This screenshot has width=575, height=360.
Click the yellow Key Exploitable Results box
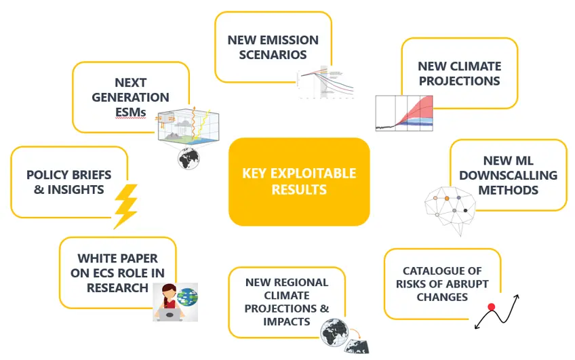coord(299,182)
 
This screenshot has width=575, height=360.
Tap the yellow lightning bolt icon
coord(126,206)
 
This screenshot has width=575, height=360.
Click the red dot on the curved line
coord(492,307)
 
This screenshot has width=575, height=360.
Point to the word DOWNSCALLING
coord(509,175)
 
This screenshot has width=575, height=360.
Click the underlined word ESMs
coord(131,112)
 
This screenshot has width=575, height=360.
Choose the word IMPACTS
coord(286,321)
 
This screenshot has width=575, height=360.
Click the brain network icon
coord(450,211)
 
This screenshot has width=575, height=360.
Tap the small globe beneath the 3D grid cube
coord(189,159)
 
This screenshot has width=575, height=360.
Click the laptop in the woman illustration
coord(170,315)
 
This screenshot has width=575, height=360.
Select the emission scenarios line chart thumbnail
coord(325,83)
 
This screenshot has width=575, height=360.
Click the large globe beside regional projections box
coord(334,332)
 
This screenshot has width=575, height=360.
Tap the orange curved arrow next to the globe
coord(355,334)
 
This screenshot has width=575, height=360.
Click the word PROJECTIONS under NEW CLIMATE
coord(459,81)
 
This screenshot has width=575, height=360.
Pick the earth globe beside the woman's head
coord(187,297)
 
